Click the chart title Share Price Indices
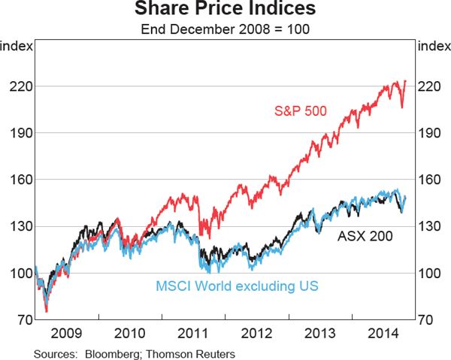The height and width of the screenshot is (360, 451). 225,11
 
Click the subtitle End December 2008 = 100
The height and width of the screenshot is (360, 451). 225,30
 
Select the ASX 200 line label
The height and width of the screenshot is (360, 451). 365,235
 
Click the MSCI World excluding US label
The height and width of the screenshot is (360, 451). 238,286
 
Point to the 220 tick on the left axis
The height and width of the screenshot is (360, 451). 18,86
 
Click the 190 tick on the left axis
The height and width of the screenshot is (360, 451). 18,133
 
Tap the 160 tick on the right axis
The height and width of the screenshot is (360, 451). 430,180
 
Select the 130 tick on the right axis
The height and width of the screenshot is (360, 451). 430,226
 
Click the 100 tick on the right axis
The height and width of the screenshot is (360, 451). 430,273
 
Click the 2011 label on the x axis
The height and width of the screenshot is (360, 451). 193,333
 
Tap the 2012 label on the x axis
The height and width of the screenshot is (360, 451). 256,333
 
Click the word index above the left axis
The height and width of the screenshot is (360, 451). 17,47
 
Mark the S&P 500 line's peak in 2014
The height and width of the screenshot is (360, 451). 406,80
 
